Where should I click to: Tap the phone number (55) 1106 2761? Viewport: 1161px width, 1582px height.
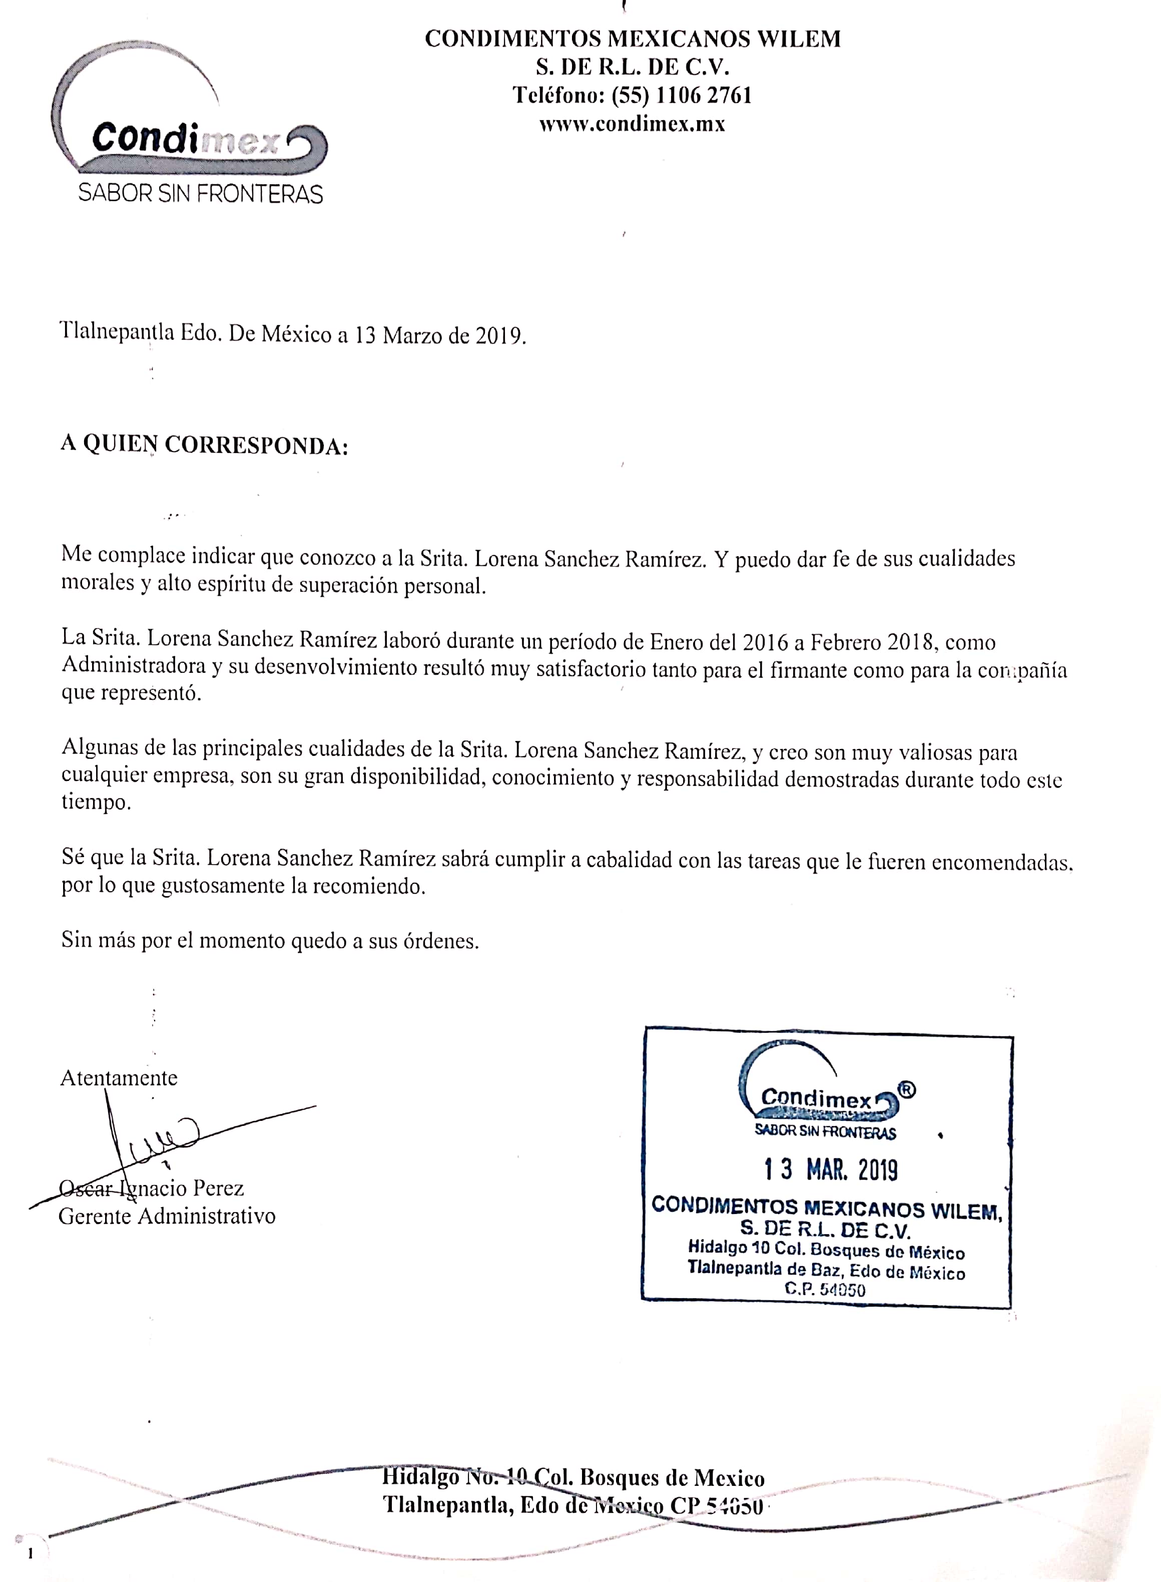(681, 95)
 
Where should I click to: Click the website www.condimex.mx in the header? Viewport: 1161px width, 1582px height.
(632, 125)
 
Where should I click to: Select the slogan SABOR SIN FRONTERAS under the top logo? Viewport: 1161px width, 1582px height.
(200, 193)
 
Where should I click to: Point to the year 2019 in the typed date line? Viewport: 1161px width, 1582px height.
(498, 335)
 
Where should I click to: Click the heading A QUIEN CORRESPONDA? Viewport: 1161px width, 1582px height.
(204, 445)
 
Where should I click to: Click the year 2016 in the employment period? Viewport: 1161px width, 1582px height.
(765, 641)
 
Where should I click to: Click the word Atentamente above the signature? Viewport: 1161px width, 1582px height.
(119, 1078)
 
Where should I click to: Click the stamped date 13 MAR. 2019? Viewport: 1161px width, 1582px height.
(831, 1170)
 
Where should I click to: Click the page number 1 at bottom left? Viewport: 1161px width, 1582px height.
(30, 1554)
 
